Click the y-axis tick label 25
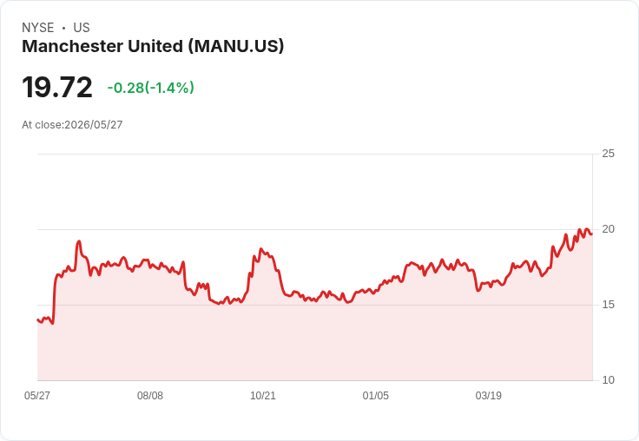(x=608, y=154)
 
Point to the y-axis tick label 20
(x=608, y=229)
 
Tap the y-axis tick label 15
(x=608, y=305)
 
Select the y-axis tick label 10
(x=608, y=380)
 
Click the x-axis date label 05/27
(x=37, y=395)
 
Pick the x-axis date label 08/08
(x=150, y=395)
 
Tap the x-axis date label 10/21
(x=263, y=395)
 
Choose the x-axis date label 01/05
(x=376, y=395)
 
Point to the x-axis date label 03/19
(x=489, y=395)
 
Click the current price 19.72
(x=57, y=87)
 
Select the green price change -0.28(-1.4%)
(x=150, y=88)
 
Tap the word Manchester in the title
(x=73, y=46)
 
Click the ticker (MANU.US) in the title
(x=236, y=47)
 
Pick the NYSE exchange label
(x=38, y=28)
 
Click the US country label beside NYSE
(x=82, y=28)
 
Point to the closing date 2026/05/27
(x=93, y=125)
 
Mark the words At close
(x=42, y=125)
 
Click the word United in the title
(x=155, y=46)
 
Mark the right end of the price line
(x=592, y=234)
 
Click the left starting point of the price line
(x=37, y=319)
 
